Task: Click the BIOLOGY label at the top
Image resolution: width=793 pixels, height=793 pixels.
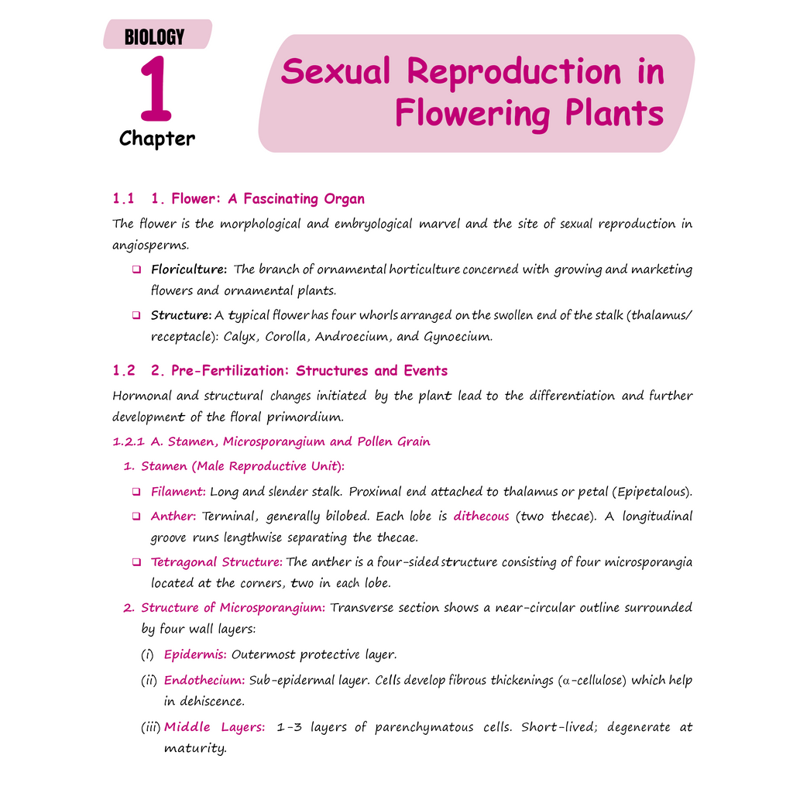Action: click(x=154, y=37)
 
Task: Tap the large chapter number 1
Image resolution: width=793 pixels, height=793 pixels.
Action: click(x=156, y=88)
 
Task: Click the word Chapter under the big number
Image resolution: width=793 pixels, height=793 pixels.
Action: click(x=156, y=139)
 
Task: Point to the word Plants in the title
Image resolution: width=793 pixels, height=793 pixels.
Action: click(x=614, y=112)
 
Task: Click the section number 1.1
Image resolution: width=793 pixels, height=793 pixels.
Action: click(x=123, y=198)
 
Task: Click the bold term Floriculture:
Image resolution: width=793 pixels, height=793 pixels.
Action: click(x=189, y=269)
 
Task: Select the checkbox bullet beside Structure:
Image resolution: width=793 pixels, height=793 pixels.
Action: click(x=136, y=315)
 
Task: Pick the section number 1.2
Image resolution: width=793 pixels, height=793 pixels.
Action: click(x=124, y=370)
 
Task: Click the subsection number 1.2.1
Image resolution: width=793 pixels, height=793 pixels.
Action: click(x=129, y=441)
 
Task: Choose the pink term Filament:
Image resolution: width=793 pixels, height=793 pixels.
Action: click(x=178, y=491)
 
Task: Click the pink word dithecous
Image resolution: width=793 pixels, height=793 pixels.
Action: click(x=481, y=516)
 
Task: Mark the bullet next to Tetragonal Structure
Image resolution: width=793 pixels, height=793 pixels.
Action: click(x=136, y=562)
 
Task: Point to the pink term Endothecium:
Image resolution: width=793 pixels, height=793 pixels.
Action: click(x=204, y=680)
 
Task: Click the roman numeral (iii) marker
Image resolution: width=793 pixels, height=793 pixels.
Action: click(x=151, y=727)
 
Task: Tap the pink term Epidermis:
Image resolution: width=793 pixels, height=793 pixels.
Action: click(x=195, y=654)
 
